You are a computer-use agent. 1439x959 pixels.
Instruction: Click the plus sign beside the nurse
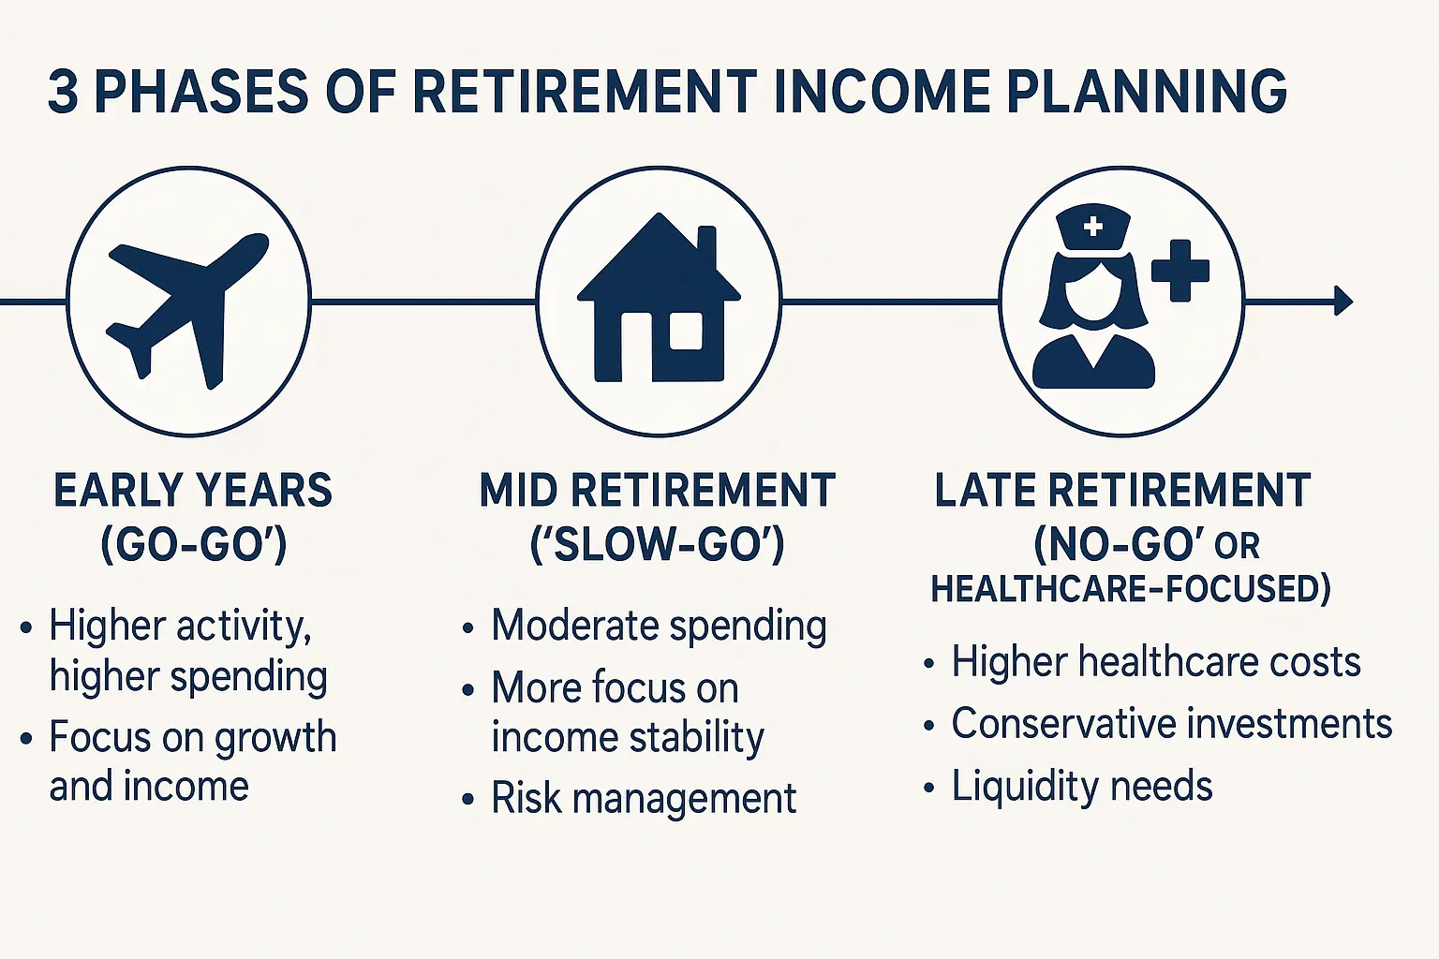[x=1179, y=271]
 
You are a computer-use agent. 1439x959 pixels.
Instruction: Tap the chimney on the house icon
[x=706, y=245]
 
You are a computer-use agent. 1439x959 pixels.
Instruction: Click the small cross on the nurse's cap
[x=1092, y=226]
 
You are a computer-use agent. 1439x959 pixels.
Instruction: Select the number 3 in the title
[x=63, y=92]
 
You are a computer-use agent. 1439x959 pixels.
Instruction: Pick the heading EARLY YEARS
[x=193, y=491]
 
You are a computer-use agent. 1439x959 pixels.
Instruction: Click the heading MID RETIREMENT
[x=658, y=491]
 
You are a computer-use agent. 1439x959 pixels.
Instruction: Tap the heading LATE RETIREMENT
[x=1122, y=491]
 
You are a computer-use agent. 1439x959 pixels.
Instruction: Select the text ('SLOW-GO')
[x=658, y=545]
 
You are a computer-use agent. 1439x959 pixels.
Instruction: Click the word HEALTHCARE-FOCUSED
[x=1130, y=589]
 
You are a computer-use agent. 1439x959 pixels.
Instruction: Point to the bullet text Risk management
[x=644, y=799]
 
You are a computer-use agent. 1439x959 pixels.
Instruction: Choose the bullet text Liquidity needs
[x=1082, y=786]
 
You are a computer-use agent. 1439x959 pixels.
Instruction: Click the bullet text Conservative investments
[x=1171, y=724]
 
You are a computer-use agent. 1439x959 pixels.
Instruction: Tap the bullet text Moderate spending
[x=659, y=626]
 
